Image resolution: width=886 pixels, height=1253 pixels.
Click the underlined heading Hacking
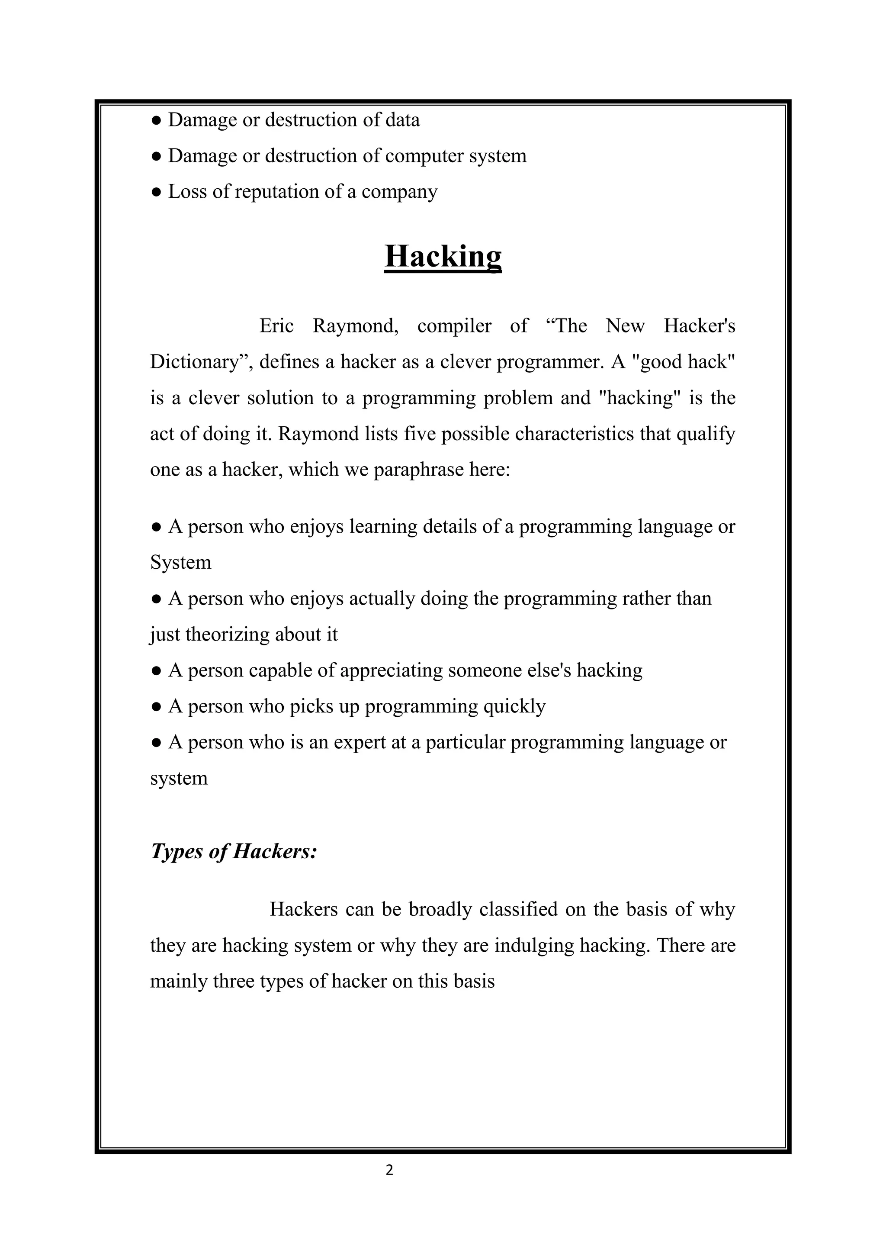(443, 256)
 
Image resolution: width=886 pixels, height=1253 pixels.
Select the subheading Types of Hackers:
(234, 851)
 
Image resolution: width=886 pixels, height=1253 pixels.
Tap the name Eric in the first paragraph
(276, 326)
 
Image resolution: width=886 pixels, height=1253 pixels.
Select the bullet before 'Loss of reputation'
(156, 192)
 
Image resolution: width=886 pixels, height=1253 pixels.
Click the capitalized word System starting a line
(180, 562)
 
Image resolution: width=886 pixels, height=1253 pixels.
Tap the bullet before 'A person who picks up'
(156, 707)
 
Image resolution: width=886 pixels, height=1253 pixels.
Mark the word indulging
(534, 945)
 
